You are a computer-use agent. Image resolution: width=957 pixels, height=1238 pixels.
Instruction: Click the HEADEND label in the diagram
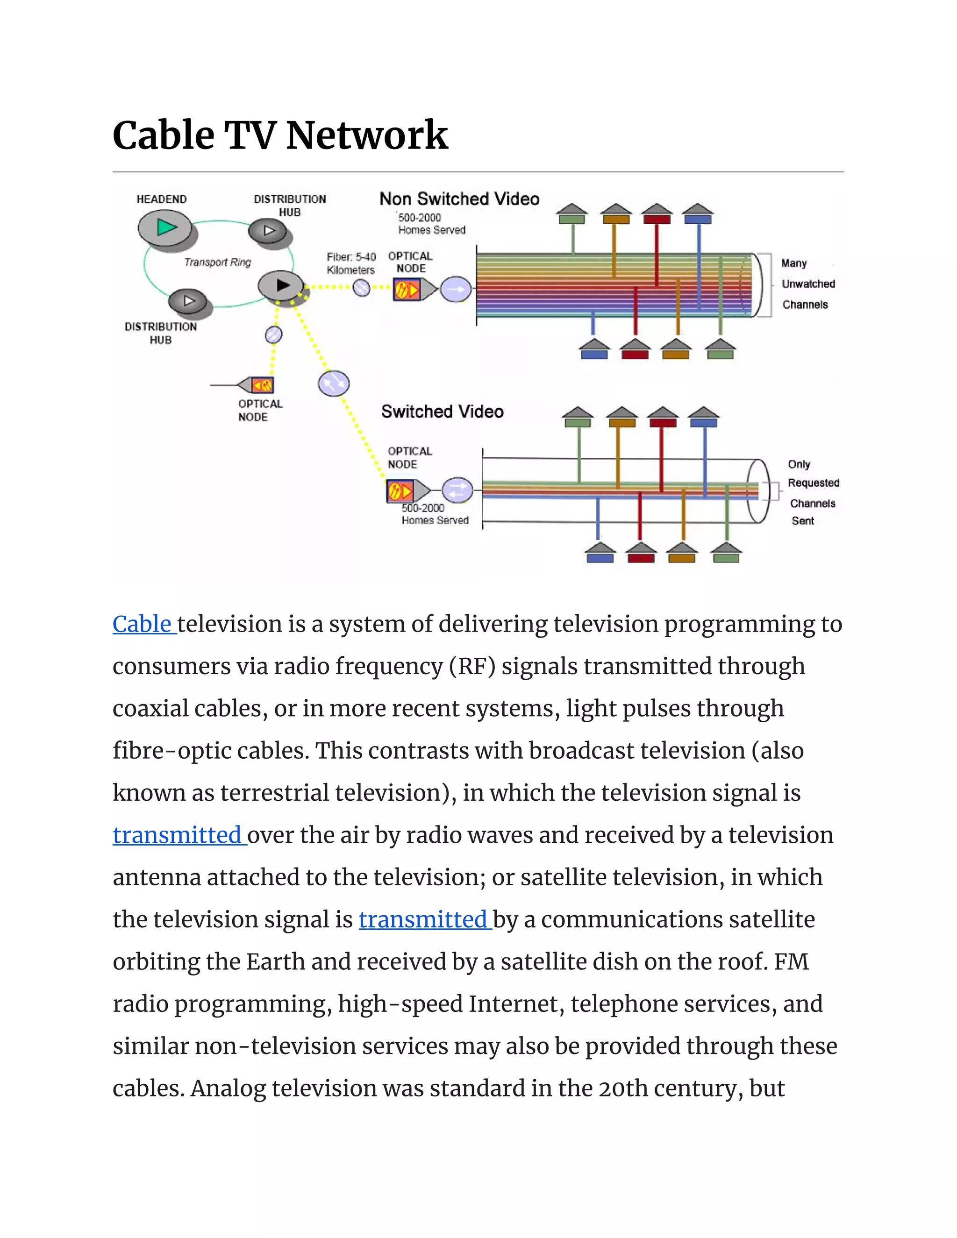[x=162, y=199]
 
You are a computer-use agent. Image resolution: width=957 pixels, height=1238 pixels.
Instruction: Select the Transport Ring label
[x=217, y=262]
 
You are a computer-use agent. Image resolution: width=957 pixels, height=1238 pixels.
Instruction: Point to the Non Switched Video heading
[x=459, y=199]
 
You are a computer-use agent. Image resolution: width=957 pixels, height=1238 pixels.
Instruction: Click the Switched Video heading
[x=442, y=412]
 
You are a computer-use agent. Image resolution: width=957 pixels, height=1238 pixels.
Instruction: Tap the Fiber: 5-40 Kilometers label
[x=351, y=263]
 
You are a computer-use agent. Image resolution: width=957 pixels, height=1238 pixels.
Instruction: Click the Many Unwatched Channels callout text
[x=807, y=284]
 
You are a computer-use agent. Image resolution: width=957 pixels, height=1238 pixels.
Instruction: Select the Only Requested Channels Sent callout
[x=813, y=492]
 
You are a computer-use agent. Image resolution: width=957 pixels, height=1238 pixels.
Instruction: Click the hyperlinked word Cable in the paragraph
[x=143, y=624]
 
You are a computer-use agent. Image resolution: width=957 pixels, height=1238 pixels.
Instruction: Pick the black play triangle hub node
[x=282, y=285]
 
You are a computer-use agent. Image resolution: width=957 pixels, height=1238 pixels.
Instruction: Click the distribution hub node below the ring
[x=188, y=301]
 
